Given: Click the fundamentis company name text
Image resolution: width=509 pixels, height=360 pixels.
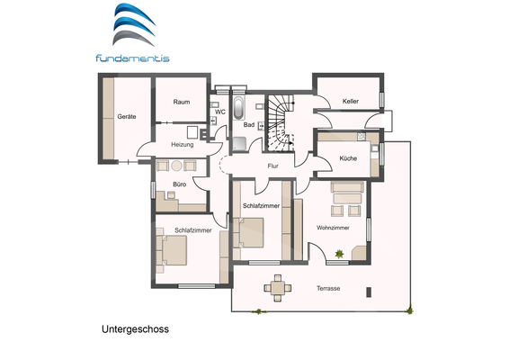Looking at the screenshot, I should tap(131, 58).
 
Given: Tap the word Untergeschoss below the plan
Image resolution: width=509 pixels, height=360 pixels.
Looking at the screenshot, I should tap(135, 329).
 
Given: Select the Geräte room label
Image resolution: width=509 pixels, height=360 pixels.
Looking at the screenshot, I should tap(126, 118).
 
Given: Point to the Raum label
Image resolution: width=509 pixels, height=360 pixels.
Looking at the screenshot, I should tap(181, 102).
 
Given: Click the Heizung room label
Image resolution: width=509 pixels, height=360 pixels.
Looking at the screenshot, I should tap(183, 144).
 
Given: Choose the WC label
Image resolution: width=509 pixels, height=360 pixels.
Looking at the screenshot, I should tap(220, 112).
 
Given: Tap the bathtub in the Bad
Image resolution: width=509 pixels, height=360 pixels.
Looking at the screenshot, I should tap(238, 109).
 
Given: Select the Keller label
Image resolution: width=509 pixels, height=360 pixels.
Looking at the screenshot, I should tap(350, 102).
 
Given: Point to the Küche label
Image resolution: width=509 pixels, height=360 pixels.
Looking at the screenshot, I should tap(348, 158).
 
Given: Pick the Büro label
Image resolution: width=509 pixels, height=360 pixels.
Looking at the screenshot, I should tap(181, 185).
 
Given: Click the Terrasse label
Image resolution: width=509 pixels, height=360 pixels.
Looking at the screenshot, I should tap(328, 288).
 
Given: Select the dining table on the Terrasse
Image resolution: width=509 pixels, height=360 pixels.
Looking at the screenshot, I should tap(277, 289).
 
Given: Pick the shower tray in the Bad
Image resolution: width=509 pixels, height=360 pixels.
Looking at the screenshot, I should tap(242, 143).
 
